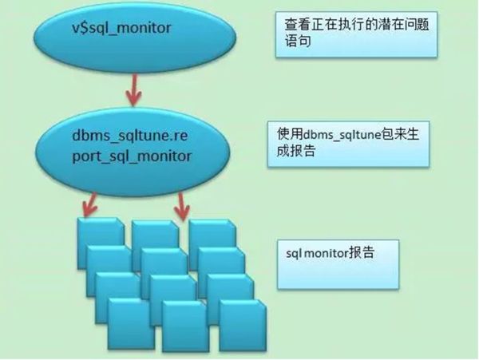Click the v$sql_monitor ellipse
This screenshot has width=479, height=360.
[135, 38]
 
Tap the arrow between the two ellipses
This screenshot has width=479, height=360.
[133, 90]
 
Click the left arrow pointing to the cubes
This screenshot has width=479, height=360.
[89, 205]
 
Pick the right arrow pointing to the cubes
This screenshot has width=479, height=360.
[182, 207]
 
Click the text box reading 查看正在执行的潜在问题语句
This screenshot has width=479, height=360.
[357, 34]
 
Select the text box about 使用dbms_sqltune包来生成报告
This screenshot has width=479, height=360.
[349, 144]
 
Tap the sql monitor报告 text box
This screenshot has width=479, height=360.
[338, 264]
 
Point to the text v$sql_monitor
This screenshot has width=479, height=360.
[121, 28]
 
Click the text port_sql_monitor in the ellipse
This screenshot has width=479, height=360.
[132, 156]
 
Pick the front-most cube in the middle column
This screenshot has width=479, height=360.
[184, 326]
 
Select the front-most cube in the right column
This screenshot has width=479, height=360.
[243, 325]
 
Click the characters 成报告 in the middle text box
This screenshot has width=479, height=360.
[295, 151]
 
